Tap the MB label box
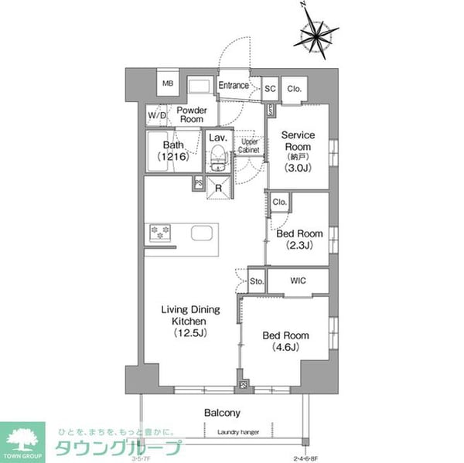[x=168, y=84]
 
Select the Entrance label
[x=234, y=86]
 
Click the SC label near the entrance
[x=271, y=89]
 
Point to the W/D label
[x=157, y=116]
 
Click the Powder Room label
[x=191, y=115]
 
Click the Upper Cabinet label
[x=248, y=146]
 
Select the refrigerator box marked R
[x=218, y=187]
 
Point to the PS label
[x=199, y=183]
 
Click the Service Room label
[x=296, y=148]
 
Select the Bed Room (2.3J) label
[x=299, y=240]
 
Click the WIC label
[x=298, y=280]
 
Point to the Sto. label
[x=257, y=281]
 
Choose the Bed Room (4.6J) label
[x=285, y=341]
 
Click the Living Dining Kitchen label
[x=190, y=322]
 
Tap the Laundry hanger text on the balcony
[x=238, y=432]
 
